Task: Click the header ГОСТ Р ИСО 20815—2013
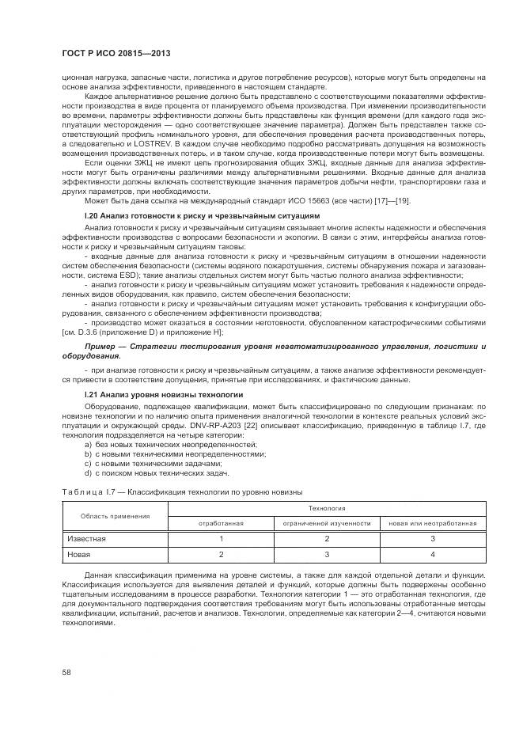(x=116, y=54)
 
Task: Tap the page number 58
(x=67, y=672)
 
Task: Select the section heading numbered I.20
(x=201, y=215)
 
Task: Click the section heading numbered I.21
(x=164, y=393)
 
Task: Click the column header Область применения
(x=116, y=516)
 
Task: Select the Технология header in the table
(x=326, y=508)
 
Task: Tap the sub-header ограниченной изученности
(x=326, y=523)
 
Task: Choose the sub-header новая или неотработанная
(x=431, y=523)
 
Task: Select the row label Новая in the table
(x=78, y=554)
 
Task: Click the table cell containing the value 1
(x=221, y=538)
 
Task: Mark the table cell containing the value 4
(x=431, y=554)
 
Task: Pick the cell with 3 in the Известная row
(x=431, y=538)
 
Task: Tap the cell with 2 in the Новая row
(x=221, y=554)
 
